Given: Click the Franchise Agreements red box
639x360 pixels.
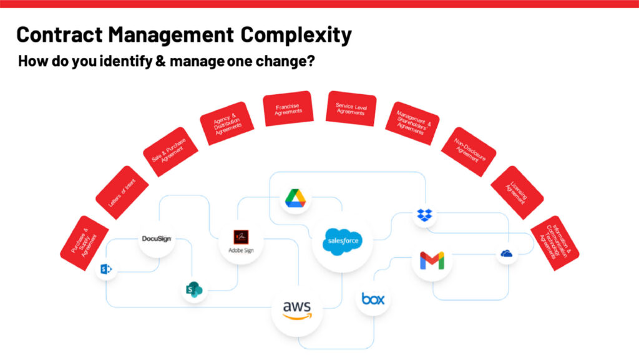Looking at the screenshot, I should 288,109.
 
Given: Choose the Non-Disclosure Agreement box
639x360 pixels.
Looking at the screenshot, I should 468,152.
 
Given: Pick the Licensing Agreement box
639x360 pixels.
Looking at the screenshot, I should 517,192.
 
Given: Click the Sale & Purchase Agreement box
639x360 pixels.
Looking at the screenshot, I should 170,152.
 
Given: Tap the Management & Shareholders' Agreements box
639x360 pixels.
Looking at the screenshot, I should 412,123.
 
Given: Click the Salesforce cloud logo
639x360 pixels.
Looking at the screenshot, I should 342,241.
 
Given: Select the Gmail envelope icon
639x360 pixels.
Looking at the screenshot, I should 432,261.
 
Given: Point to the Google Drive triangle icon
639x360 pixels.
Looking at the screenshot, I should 295,198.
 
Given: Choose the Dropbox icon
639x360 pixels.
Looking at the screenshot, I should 425,216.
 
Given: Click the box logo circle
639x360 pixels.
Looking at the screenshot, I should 373,299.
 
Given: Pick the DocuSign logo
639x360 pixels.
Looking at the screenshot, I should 156,238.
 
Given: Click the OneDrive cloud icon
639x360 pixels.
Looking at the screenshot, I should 506,253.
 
